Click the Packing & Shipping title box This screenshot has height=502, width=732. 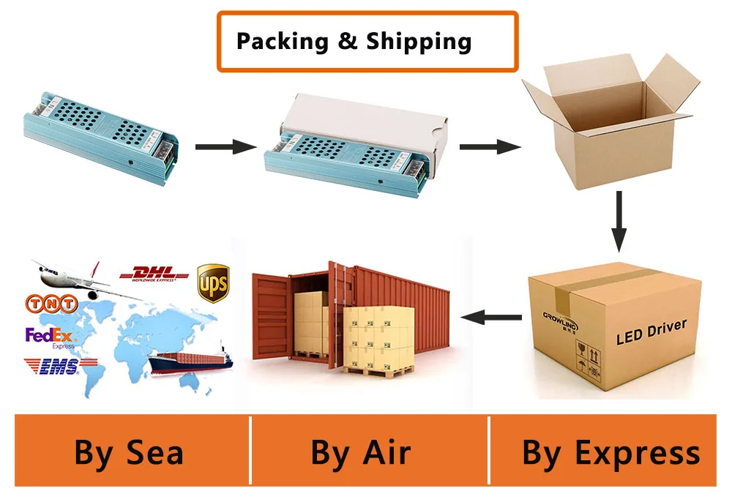click(367, 42)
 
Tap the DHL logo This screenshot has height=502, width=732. click(154, 274)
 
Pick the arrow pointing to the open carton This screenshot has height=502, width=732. click(489, 147)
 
